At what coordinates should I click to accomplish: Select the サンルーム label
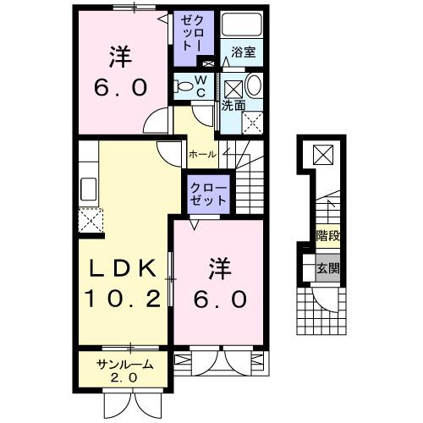pyautogui.click(x=124, y=365)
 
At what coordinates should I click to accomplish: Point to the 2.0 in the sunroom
pyautogui.click(x=124, y=377)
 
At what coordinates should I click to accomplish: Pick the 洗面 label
pyautogui.click(x=233, y=106)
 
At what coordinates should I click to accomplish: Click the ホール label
pyautogui.click(x=201, y=155)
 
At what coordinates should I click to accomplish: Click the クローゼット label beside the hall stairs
pyautogui.click(x=207, y=194)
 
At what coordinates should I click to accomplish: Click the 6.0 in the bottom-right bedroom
pyautogui.click(x=222, y=298)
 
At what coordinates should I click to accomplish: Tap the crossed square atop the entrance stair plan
pyautogui.click(x=324, y=155)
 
